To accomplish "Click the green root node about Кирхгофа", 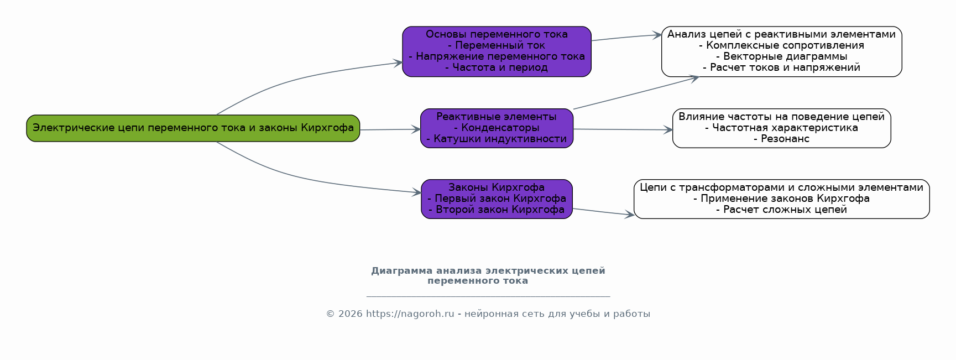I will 193,128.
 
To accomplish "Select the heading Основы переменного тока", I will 497,34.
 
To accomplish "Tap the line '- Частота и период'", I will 497,67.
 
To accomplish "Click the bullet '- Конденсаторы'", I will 497,128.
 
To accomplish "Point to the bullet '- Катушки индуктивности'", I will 497,139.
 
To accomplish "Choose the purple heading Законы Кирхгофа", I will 497,187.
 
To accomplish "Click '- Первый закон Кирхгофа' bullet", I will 497,199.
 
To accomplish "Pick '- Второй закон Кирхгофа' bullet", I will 497,210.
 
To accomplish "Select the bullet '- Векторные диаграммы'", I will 781,56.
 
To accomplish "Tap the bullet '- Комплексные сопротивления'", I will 781,45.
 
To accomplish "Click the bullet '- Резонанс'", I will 781,139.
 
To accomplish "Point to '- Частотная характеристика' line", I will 781,128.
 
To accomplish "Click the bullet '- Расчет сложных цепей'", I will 781,210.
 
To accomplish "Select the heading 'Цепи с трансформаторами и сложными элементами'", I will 781,187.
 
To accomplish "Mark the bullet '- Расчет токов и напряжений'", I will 781,67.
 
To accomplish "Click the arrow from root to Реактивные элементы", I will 390,129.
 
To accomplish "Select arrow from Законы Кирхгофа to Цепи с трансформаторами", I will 603,212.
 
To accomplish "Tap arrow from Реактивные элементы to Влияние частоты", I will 623,129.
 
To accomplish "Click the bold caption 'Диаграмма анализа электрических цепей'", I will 488,271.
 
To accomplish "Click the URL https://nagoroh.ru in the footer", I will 410,314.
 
